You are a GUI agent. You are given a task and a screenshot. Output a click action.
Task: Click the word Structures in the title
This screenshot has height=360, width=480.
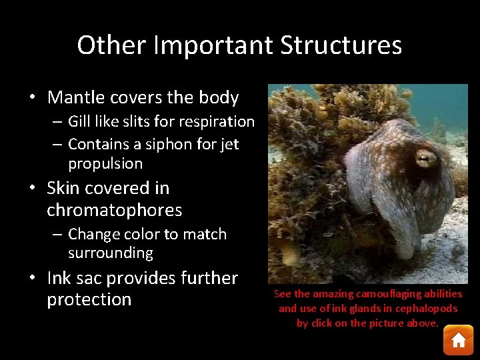pyautogui.click(x=341, y=45)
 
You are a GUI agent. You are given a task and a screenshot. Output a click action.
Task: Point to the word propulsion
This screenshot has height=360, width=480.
pyautogui.click(x=105, y=163)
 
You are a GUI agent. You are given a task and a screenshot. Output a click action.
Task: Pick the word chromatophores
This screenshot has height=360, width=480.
pyautogui.click(x=114, y=210)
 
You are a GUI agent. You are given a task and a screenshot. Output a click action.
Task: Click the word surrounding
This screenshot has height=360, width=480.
pyautogui.click(x=111, y=253)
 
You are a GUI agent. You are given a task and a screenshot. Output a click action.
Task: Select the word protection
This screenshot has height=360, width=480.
pyautogui.click(x=89, y=299)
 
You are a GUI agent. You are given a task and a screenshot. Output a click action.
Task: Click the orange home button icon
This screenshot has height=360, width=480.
pyautogui.click(x=458, y=340)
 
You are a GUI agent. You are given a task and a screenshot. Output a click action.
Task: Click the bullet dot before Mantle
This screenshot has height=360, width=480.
pyautogui.click(x=33, y=99)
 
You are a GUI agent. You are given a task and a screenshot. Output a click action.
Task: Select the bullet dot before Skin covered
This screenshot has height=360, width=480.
pyautogui.click(x=33, y=189)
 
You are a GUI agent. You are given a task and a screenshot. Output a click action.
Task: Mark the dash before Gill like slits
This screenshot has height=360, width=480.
pyautogui.click(x=57, y=122)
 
